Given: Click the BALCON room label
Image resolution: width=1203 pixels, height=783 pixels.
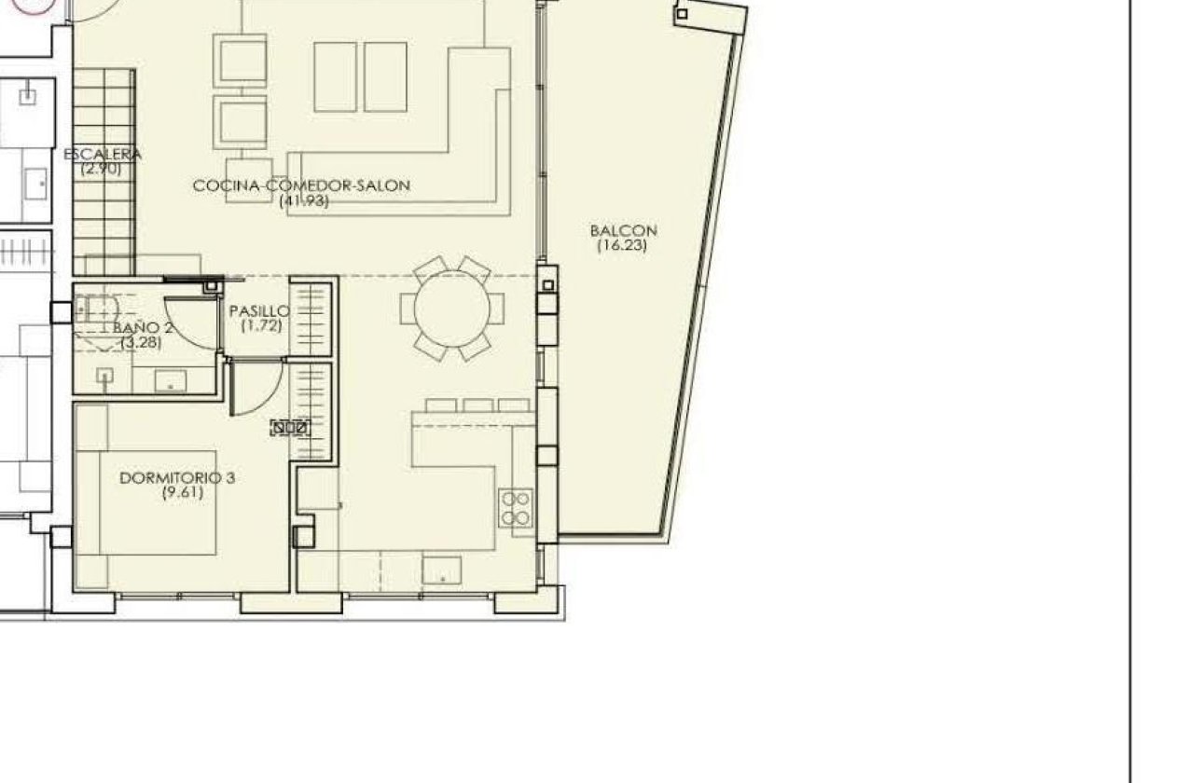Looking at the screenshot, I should [623, 230].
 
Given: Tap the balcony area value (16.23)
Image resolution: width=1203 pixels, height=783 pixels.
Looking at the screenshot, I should [622, 246].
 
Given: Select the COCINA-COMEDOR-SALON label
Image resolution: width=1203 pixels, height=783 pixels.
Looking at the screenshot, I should [301, 185].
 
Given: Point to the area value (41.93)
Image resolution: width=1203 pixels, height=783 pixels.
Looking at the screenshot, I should [304, 200].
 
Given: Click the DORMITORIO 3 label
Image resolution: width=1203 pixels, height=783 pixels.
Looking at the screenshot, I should [177, 478].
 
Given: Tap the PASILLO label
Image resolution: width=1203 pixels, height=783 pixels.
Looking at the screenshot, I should [259, 311].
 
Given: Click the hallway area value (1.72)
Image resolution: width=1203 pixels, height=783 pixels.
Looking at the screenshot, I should [260, 326].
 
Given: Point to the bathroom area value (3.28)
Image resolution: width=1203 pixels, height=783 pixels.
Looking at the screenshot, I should [142, 342].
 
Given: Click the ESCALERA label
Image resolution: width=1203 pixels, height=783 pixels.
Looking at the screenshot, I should [103, 155].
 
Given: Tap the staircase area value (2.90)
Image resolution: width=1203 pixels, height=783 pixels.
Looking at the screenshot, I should [101, 169].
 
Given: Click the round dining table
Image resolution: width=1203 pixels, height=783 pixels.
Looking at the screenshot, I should [452, 309].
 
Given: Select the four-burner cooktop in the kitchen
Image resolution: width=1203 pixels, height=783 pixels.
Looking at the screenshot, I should [516, 508].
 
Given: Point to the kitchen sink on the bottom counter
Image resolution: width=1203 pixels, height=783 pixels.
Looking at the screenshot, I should [442, 569].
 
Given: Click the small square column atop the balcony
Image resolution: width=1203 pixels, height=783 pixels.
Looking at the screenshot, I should [682, 14].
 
